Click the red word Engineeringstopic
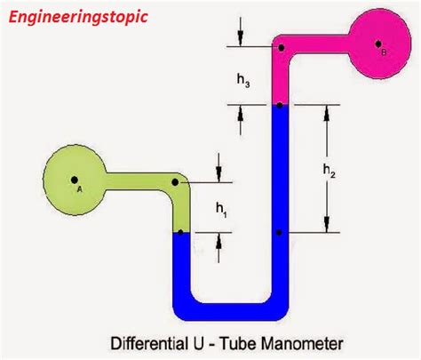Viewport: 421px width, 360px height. click(75, 16)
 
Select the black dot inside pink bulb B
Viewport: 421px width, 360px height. click(377, 43)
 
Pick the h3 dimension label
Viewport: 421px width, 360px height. click(242, 80)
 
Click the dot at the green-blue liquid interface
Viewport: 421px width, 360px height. click(180, 233)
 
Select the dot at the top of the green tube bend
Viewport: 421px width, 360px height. click(176, 181)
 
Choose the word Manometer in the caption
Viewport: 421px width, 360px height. click(293, 341)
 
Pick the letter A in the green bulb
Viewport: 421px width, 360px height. click(79, 188)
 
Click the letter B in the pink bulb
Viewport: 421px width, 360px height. click(384, 52)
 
